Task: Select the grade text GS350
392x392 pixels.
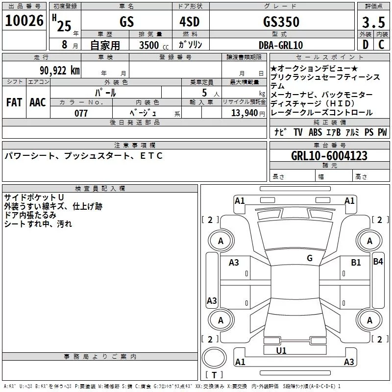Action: (281, 22)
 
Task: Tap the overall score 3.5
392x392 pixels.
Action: (373, 23)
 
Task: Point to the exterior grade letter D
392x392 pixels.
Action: (365, 45)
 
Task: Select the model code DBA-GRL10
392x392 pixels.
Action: (281, 45)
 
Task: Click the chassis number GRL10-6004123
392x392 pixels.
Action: (329, 156)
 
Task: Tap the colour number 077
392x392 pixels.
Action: (81, 113)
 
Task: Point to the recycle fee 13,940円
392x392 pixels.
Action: (248, 113)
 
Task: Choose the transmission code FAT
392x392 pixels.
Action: (14, 102)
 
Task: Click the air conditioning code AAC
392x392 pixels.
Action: (38, 102)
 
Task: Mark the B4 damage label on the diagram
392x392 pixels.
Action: (378, 262)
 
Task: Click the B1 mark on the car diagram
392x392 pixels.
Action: (356, 263)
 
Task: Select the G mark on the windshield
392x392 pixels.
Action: (309, 258)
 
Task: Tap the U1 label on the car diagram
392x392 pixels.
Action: (281, 351)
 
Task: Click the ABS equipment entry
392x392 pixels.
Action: (316, 132)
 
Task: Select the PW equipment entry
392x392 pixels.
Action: (382, 132)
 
